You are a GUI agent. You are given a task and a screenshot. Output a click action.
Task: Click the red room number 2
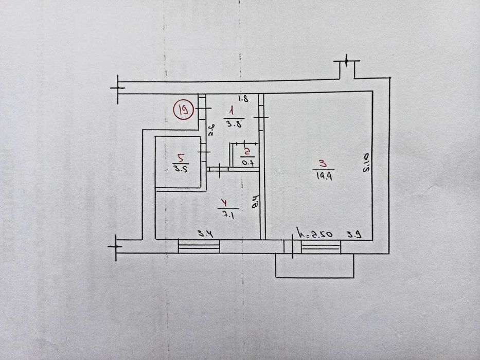[247, 152]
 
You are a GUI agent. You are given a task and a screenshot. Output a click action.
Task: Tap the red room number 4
[222, 202]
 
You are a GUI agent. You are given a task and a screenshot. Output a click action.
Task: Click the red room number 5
[180, 158]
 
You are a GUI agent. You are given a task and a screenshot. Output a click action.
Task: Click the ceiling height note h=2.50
[315, 234]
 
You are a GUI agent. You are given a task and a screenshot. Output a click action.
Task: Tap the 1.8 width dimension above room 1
[244, 99]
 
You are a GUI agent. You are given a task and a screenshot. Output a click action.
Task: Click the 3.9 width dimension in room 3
[353, 235]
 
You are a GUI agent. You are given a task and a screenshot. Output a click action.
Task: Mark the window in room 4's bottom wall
[199, 246]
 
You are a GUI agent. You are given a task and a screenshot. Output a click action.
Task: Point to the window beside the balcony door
[321, 247]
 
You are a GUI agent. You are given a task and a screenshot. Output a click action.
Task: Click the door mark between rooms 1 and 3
[261, 119]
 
